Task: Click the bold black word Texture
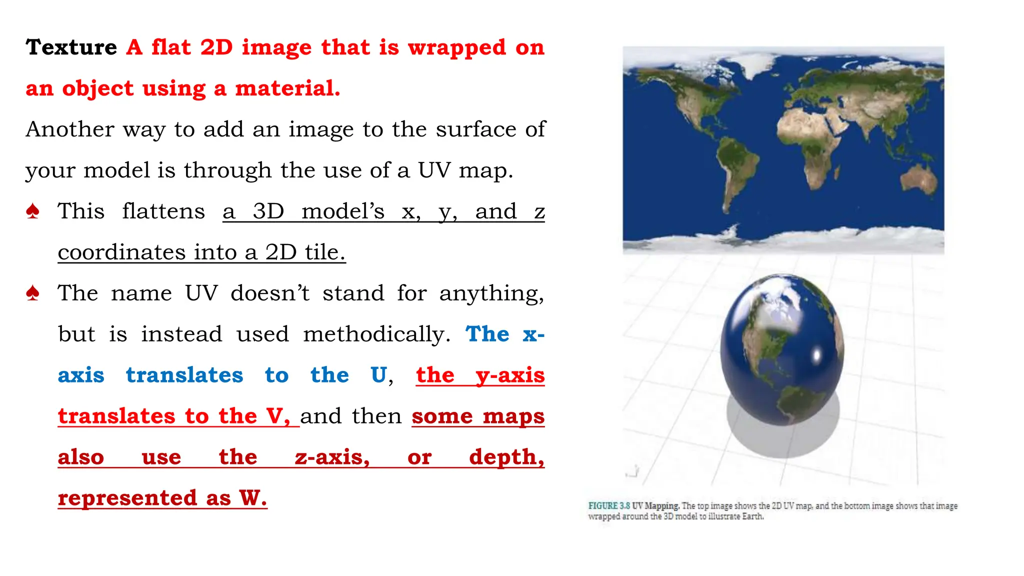coord(71,47)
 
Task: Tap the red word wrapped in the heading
coord(456,47)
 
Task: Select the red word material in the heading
coord(287,88)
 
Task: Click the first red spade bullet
coord(33,211)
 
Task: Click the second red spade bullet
coord(33,293)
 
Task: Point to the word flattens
coord(163,211)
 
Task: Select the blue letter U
coord(378,375)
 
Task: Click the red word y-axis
coord(509,375)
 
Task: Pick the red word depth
coord(506,457)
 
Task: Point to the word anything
coord(491,293)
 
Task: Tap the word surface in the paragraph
coord(476,129)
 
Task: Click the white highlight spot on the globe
coord(817,355)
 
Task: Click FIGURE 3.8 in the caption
coord(608,506)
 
